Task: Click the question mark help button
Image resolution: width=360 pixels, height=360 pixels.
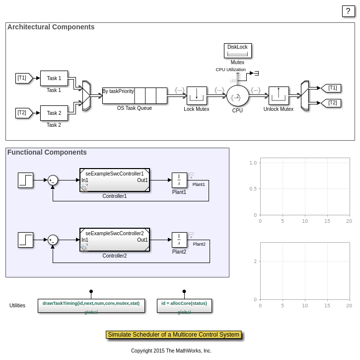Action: [349, 11]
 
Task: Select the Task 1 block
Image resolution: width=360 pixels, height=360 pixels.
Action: [54, 78]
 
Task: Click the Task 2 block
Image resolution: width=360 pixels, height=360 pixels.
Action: [54, 113]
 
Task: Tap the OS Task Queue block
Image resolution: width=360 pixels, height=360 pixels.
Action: [135, 95]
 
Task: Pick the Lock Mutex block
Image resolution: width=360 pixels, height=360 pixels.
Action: [196, 95]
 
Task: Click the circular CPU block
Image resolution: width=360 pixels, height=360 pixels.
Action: [237, 95]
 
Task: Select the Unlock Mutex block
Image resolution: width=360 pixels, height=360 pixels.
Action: [279, 95]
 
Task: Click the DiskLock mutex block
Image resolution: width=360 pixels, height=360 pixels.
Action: [237, 51]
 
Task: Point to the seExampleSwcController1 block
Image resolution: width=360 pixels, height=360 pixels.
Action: [115, 180]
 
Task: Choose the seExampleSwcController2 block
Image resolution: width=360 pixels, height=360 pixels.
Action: [115, 240]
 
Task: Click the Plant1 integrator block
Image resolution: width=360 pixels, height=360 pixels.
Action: [179, 180]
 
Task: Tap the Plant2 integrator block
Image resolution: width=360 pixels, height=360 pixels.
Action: [179, 240]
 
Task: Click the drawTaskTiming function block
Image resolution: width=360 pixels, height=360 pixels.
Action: [91, 306]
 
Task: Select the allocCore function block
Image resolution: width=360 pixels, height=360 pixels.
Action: [184, 306]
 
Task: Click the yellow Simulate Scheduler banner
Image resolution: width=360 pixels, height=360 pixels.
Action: [173, 335]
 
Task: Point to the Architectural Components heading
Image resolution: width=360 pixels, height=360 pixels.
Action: [51, 27]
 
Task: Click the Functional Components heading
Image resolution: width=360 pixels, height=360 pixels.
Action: [47, 152]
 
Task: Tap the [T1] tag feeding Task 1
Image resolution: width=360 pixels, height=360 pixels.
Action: [23, 78]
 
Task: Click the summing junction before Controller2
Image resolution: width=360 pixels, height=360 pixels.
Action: [53, 240]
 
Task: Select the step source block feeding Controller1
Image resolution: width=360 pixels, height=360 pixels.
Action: [25, 180]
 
